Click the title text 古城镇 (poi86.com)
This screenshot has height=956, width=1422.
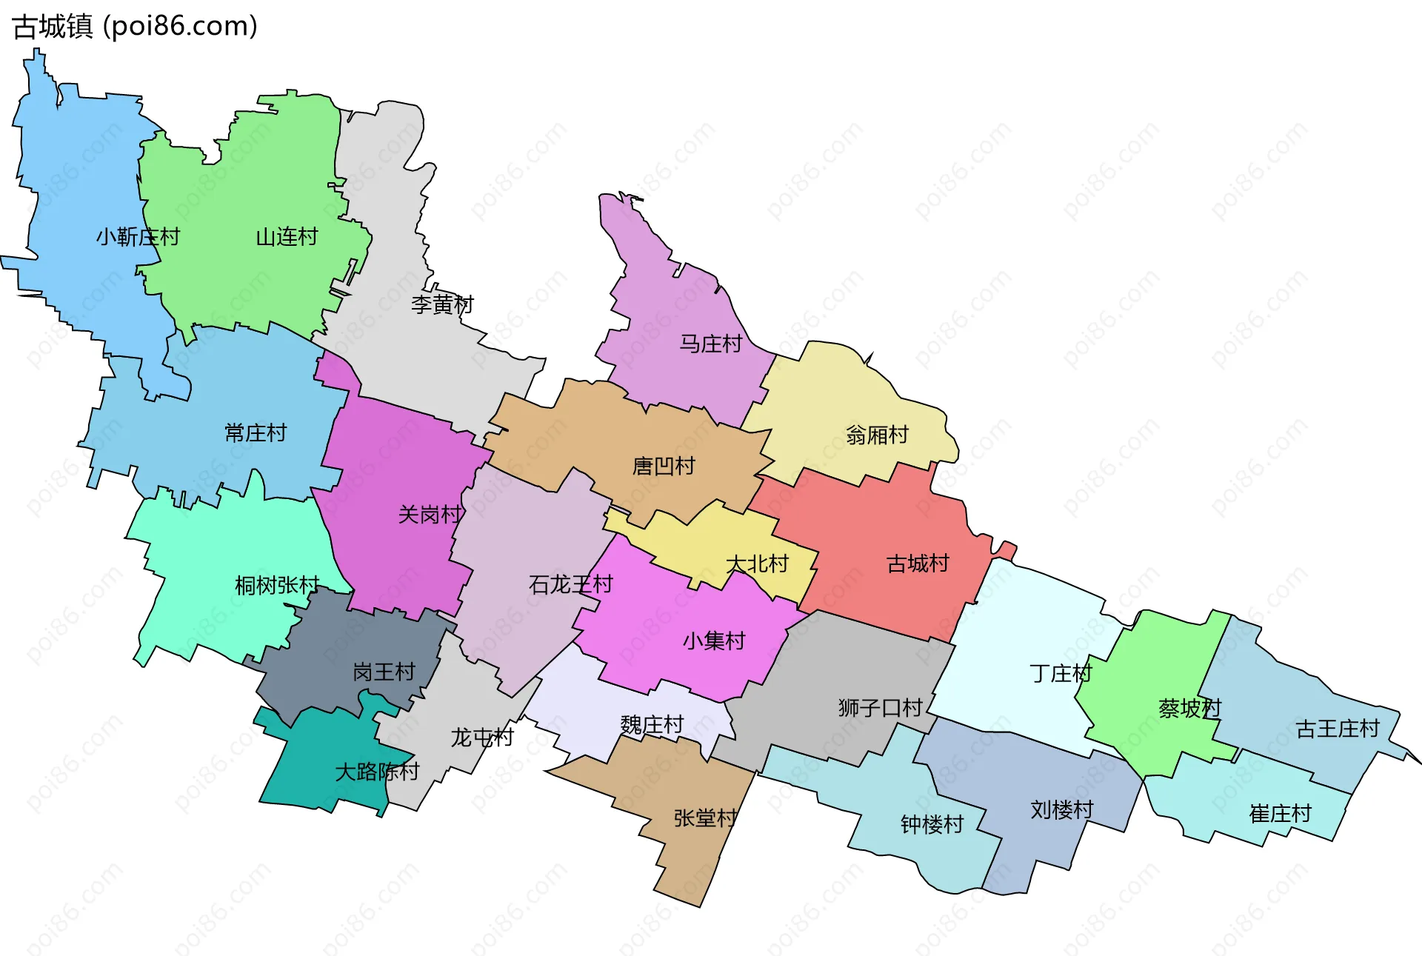(x=135, y=27)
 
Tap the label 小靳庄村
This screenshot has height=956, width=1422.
(x=138, y=237)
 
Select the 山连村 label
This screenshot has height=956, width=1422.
(x=287, y=237)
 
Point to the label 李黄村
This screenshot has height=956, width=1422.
(x=442, y=304)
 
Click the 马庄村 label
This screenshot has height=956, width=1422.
(x=710, y=344)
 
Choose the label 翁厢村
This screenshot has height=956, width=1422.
(x=877, y=435)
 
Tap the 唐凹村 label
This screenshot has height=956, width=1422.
(x=664, y=466)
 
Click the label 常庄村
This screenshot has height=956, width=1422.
(x=256, y=432)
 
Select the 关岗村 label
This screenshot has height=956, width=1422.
(x=430, y=514)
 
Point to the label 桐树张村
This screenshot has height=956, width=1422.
(x=276, y=585)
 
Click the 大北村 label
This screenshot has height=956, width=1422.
(x=757, y=564)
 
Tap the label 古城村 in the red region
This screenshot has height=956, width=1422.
(x=918, y=564)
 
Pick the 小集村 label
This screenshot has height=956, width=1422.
(x=714, y=641)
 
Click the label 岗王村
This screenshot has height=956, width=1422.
(x=384, y=672)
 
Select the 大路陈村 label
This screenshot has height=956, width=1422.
(x=377, y=772)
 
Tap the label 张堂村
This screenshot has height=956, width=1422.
(x=705, y=818)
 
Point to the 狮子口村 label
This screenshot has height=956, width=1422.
(x=880, y=708)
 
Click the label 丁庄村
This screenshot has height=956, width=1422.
(x=1061, y=673)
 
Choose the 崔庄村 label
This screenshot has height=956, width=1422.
(x=1280, y=814)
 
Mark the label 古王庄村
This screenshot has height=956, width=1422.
(x=1338, y=729)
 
